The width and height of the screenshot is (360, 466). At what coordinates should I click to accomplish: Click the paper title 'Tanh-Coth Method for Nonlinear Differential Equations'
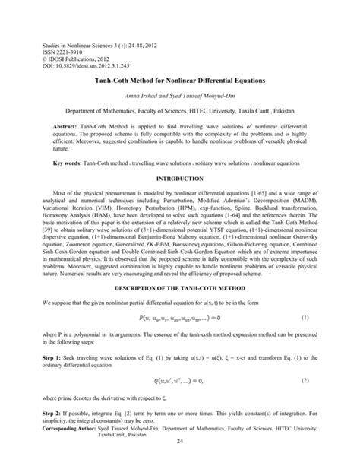tap(180, 79)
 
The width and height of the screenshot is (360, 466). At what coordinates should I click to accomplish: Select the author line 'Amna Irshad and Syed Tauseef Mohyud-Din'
tap(180, 95)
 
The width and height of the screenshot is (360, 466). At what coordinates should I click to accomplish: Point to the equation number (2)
tap(305, 400)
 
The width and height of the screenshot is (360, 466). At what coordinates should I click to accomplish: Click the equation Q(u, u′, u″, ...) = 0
tap(180, 400)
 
